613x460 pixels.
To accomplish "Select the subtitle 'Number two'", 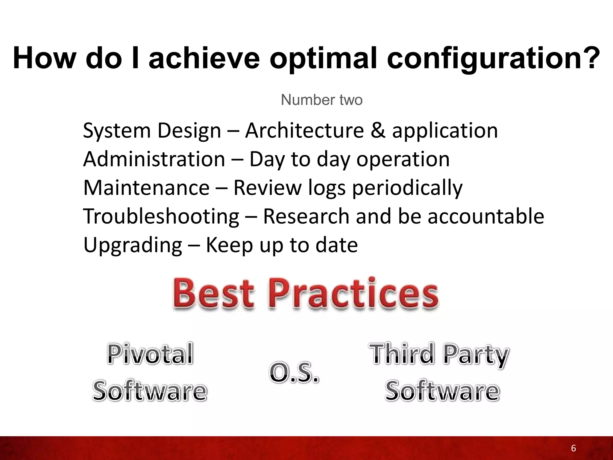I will [x=321, y=100].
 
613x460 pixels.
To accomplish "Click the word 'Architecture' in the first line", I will [x=304, y=131].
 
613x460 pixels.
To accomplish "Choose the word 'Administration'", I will [x=154, y=159].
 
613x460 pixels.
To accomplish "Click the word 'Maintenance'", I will [x=146, y=188].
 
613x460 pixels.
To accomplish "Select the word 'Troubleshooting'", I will [x=161, y=217].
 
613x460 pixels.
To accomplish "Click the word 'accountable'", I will [x=485, y=216].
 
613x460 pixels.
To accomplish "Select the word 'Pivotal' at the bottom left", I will [x=150, y=354].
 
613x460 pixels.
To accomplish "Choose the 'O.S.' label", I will [x=294, y=373].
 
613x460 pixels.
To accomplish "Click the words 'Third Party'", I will [x=439, y=354].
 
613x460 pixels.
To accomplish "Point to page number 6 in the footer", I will [x=573, y=448].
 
